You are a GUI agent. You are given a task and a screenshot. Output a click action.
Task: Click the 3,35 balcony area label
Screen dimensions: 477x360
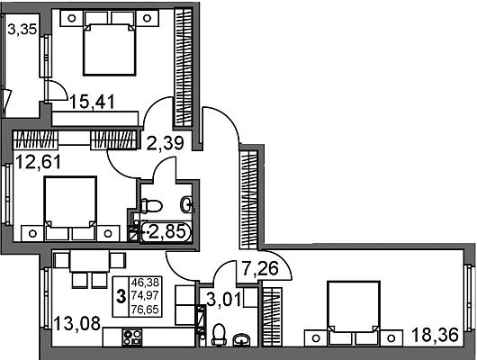pos(22,30)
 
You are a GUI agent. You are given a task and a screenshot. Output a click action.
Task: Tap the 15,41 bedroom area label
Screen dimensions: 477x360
pos(93,102)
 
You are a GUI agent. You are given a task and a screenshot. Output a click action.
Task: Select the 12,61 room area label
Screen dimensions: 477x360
pos(38,162)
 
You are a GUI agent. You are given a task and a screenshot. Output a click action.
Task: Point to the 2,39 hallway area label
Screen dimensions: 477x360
pos(166,143)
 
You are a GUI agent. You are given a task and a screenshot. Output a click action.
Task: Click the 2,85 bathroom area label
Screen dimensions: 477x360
pos(167,232)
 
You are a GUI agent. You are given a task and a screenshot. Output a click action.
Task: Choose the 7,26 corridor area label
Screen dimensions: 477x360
pos(260,268)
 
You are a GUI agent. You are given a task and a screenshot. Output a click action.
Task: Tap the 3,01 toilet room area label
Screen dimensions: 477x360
pos(224,300)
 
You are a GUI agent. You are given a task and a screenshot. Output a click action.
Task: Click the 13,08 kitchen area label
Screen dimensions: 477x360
pos(77,323)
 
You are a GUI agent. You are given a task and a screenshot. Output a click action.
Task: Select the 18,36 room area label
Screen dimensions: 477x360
pos(435,335)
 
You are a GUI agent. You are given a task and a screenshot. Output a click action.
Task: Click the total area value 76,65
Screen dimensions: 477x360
pos(145,310)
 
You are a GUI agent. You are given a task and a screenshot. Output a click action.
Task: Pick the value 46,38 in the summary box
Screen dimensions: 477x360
pos(145,283)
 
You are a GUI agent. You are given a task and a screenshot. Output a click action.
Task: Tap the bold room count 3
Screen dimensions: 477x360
pos(121,296)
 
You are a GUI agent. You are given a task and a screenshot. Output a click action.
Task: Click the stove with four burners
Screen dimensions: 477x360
pos(132,337)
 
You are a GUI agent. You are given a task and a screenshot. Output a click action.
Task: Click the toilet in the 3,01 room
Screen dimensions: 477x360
pos(219,335)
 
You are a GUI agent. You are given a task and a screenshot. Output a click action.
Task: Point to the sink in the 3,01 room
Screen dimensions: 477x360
pos(242,339)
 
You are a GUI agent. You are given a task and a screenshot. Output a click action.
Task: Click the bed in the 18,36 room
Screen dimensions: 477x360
pos(353,313)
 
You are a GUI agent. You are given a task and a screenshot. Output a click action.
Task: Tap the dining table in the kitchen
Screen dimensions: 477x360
pos(89,261)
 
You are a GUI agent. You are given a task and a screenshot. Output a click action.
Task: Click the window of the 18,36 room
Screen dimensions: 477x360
pos(470,298)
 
